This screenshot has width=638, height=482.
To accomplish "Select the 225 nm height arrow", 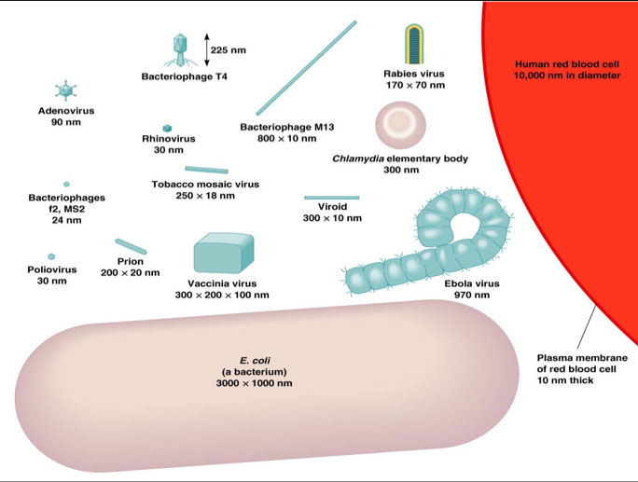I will pyautogui.click(x=204, y=48).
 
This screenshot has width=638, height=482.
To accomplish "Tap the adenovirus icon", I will pyautogui.click(x=66, y=90).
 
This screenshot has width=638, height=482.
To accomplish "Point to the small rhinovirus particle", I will pyautogui.click(x=168, y=128).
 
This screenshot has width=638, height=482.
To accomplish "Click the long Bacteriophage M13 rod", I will pyautogui.click(x=305, y=69).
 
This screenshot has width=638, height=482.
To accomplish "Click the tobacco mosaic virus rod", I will pyautogui.click(x=206, y=170).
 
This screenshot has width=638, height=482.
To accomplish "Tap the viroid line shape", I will pyautogui.click(x=331, y=198).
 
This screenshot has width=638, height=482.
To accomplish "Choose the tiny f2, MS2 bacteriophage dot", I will pyautogui.click(x=66, y=185).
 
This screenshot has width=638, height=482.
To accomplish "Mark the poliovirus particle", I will pyautogui.click(x=51, y=256).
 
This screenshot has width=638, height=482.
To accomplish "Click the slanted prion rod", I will pyautogui.click(x=131, y=245).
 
